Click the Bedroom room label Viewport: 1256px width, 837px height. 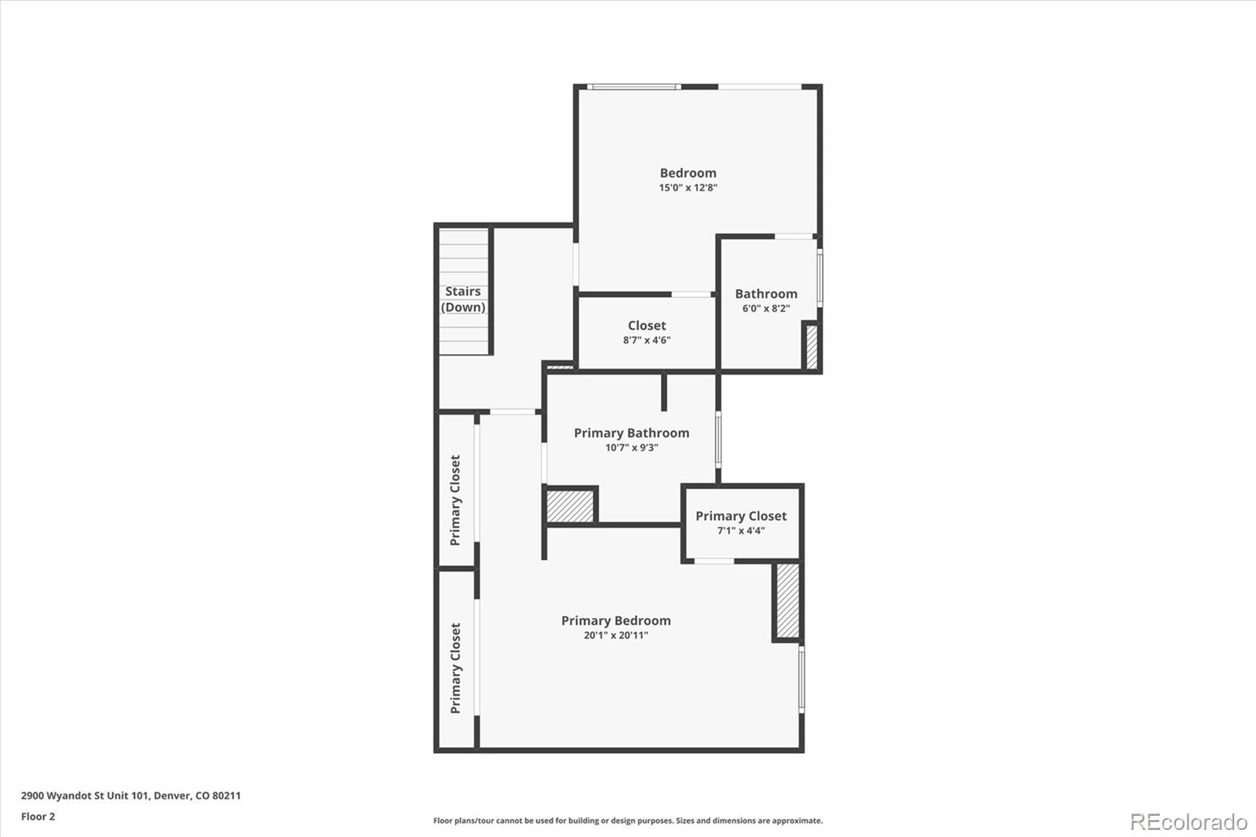tap(688, 173)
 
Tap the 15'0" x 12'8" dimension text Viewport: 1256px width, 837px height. tap(688, 188)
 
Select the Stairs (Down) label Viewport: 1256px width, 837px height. tap(463, 299)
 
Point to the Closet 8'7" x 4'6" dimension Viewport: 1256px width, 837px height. tap(647, 340)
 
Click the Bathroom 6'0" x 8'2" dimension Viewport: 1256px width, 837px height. tap(766, 309)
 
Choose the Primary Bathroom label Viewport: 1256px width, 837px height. tap(631, 433)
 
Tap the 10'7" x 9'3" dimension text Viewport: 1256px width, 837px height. tap(631, 448)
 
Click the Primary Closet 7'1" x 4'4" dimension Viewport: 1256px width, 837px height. tap(741, 531)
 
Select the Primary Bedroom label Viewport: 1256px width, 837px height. tap(615, 620)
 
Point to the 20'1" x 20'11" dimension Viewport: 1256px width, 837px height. tap(615, 635)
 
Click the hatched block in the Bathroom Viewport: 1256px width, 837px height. tap(812, 347)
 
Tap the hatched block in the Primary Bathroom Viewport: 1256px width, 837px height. tap(570, 506)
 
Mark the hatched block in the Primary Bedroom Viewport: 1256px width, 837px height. tap(788, 600)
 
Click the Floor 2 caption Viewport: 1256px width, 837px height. tap(38, 817)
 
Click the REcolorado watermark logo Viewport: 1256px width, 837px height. tap(1188, 822)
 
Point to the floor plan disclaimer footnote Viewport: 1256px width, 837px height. tap(628, 821)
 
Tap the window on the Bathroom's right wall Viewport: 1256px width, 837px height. tap(820, 278)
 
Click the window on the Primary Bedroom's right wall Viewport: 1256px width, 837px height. tap(801, 679)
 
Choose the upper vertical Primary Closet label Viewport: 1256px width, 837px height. tap(455, 500)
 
